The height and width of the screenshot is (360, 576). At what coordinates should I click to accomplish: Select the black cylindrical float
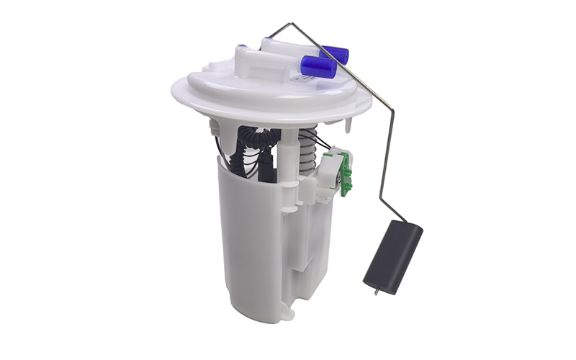tap(392, 256)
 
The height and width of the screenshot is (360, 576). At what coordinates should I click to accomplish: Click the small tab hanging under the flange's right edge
tap(351, 125)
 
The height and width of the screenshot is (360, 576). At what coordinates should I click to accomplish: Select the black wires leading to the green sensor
tap(328, 148)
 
